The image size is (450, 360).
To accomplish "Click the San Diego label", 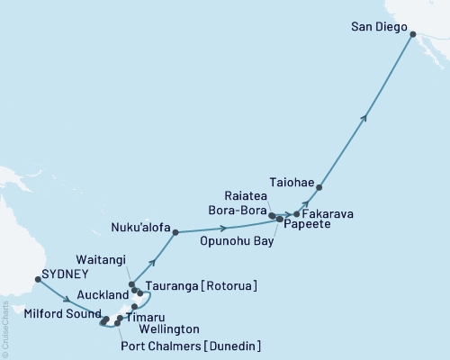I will point(378,27).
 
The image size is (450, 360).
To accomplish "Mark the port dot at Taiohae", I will point(319,187).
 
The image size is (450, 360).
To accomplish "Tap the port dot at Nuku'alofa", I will point(175,232).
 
